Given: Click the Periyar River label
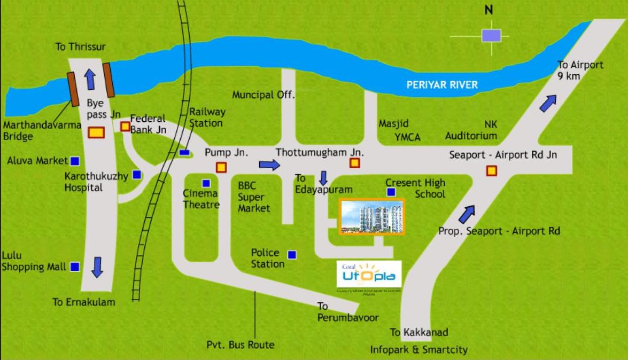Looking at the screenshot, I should (441, 84).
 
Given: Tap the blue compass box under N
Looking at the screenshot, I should (491, 36).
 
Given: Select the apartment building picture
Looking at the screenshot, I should (373, 216).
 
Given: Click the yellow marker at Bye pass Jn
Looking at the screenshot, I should (96, 132).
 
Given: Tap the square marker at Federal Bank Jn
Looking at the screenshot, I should (125, 127).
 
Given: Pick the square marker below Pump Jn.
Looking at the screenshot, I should (221, 167).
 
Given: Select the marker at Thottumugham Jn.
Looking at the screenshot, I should (354, 163).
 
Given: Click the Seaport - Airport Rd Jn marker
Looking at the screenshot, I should (491, 171).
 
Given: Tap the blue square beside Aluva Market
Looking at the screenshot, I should (75, 160).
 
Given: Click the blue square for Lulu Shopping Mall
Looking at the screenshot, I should (75, 266).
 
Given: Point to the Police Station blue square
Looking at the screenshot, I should (292, 255).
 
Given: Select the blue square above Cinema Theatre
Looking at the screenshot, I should (206, 183).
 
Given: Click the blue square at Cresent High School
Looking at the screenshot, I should (391, 192).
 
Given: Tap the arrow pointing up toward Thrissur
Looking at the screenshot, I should (90, 79).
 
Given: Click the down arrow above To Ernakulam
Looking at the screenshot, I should (97, 267).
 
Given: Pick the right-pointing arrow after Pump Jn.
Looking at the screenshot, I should (269, 165).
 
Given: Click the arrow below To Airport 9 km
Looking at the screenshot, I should (548, 103).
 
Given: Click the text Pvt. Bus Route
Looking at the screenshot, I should (240, 345).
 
